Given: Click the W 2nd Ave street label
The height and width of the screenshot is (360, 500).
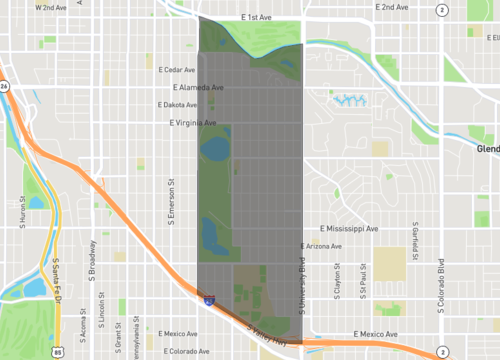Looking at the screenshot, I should [x=50, y=7].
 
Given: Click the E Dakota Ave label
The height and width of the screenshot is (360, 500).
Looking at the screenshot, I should [x=179, y=105].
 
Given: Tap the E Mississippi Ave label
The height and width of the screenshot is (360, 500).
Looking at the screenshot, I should [x=343, y=229].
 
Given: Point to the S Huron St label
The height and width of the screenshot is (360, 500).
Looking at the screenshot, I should [x=22, y=213].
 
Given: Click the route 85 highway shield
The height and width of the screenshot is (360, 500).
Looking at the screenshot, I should [x=60, y=351].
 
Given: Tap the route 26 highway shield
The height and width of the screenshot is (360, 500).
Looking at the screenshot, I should [x=4, y=87].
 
